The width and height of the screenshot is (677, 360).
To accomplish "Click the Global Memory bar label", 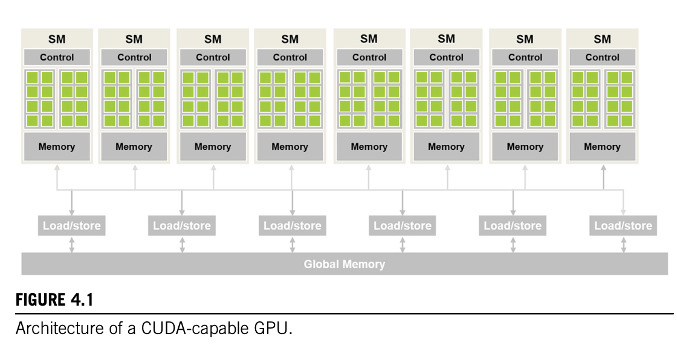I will [x=344, y=264].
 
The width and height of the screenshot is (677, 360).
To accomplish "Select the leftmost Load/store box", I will [x=71, y=226].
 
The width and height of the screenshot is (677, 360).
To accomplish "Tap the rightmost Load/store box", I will [x=623, y=226].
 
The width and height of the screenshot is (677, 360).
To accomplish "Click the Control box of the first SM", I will [x=57, y=57].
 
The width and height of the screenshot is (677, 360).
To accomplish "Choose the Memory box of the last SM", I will [x=602, y=147].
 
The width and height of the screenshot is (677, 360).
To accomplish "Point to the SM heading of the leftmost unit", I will [x=57, y=39].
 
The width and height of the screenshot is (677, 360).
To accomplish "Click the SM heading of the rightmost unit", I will [x=602, y=39].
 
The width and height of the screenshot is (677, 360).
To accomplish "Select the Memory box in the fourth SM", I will [x=290, y=147].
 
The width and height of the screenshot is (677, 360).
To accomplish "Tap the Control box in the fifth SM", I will [x=369, y=57].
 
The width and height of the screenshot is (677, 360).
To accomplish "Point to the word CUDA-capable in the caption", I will [x=182, y=330].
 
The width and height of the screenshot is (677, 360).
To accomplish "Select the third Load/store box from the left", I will [x=293, y=226].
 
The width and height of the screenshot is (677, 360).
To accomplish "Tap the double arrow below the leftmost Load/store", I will [x=72, y=245].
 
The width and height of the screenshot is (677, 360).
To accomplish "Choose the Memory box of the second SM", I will [x=134, y=147].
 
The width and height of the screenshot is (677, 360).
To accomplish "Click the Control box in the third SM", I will [x=213, y=57].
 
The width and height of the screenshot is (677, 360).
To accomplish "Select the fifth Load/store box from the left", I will [x=513, y=226].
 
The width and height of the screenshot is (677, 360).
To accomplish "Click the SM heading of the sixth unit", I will [x=446, y=39].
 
